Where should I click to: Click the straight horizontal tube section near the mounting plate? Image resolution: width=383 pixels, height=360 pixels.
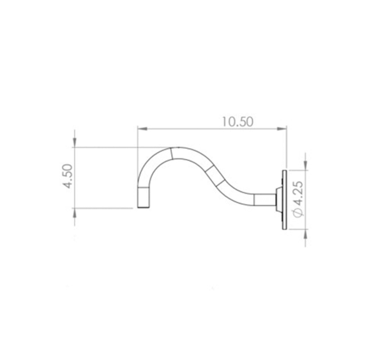[263, 200]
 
